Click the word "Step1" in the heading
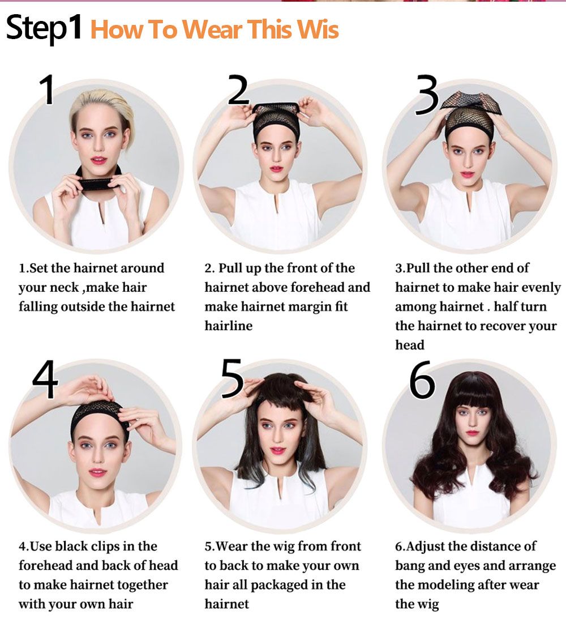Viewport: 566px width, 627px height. click(x=44, y=28)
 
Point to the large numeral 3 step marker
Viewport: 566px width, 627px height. click(x=427, y=95)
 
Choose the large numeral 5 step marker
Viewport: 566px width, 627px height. click(x=232, y=378)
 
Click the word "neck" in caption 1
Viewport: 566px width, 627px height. click(x=66, y=288)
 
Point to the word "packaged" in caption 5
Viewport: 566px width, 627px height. click(x=279, y=585)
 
